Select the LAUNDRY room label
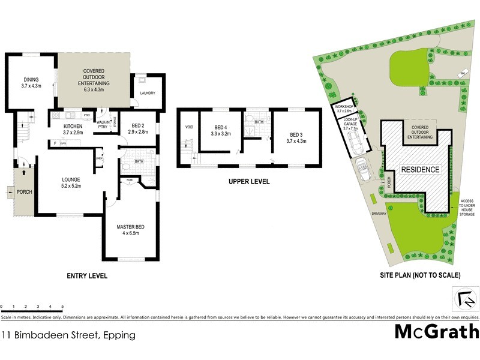pos(147,93)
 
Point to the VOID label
pos(190,127)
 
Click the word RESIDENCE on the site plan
pos(420,170)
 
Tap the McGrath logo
pos(436,331)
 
